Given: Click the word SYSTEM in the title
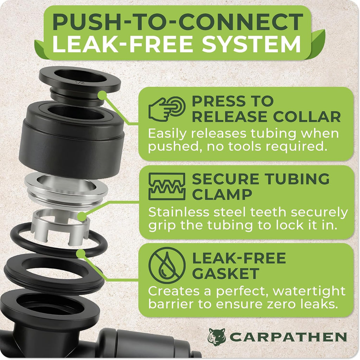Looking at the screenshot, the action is click(251, 44).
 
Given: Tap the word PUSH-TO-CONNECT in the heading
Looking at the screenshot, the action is click(178, 22).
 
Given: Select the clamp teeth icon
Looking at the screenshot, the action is click(167, 186).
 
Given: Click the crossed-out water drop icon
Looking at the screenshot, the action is click(167, 266).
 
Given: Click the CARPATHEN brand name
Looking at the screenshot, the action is click(288, 337).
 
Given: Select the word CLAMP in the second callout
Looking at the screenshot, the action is click(222, 195).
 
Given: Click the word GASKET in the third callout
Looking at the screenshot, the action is click(226, 274).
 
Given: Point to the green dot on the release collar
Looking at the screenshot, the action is click(103, 95).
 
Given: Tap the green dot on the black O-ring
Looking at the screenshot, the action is click(81, 254).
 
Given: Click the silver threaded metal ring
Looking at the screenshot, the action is click(66, 189).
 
